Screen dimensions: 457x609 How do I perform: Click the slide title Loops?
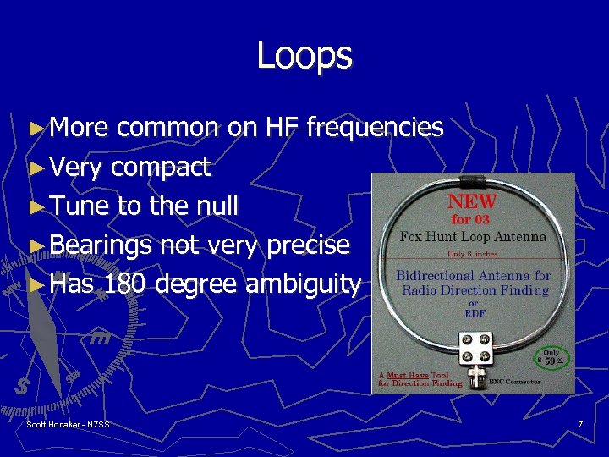click(x=304, y=55)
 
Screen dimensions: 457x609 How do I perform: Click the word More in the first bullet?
click(x=79, y=128)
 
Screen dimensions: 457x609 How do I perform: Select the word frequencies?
click(x=375, y=128)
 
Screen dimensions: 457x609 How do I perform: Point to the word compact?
click(x=160, y=168)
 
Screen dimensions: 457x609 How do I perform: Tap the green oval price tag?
click(x=551, y=359)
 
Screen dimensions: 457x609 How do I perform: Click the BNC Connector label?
click(x=515, y=383)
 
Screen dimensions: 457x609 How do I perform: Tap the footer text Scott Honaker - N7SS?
click(x=68, y=423)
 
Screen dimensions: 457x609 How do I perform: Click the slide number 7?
click(x=580, y=423)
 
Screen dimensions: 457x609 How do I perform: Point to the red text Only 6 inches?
click(x=474, y=253)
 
